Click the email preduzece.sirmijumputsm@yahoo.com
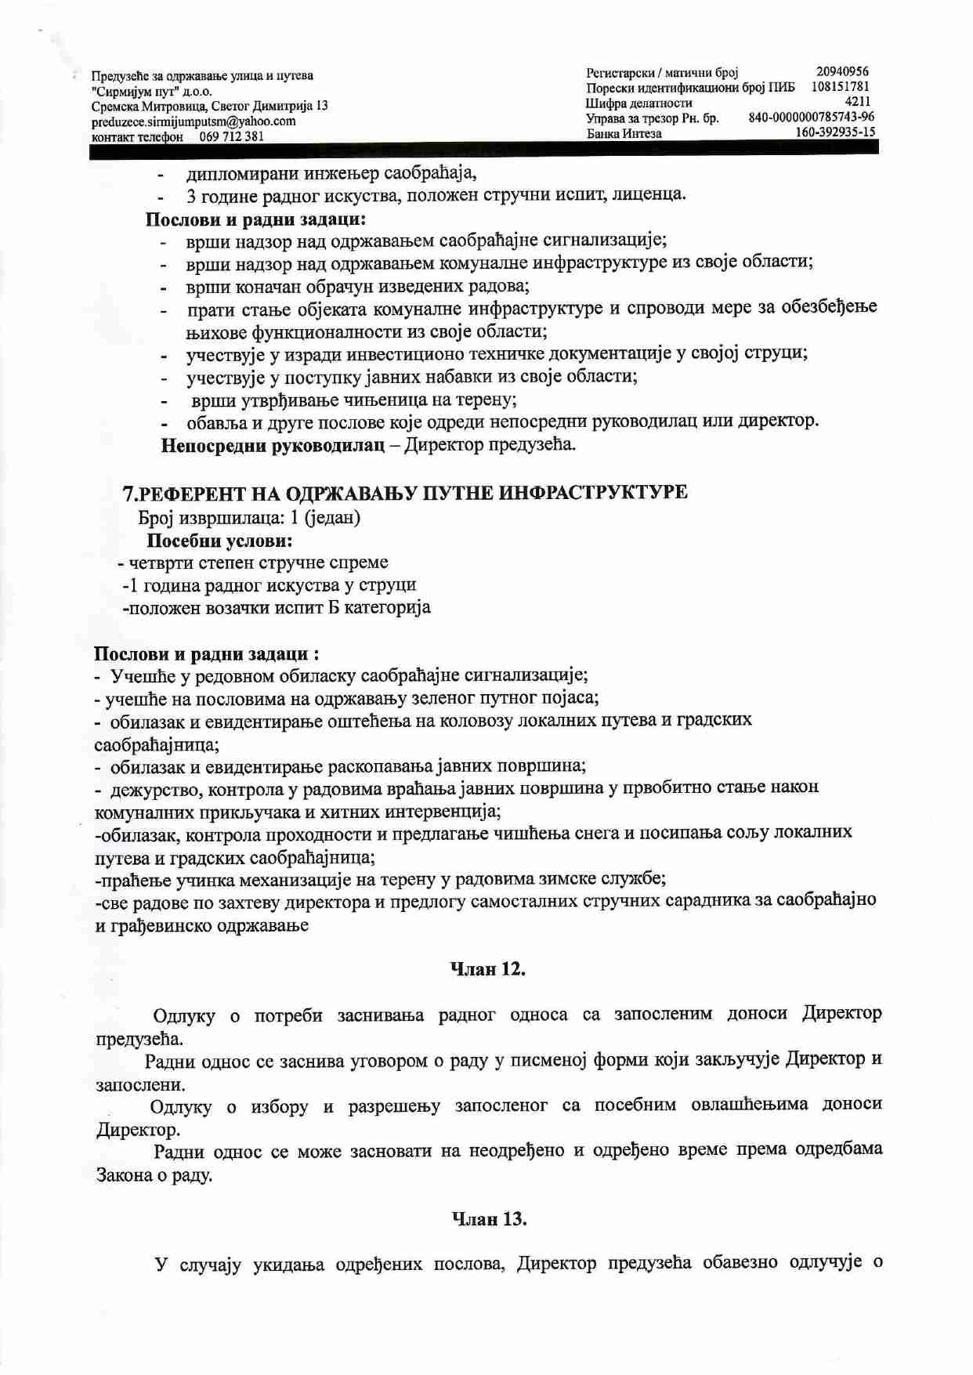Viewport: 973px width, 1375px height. tap(194, 121)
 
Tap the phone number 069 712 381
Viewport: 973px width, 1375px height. tap(232, 136)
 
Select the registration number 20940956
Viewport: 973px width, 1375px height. tap(842, 71)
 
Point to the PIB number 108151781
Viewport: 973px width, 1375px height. tap(840, 86)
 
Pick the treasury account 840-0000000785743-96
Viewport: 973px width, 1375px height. tap(812, 117)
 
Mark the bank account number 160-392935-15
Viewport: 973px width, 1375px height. tap(835, 132)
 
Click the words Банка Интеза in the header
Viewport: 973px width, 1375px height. tap(624, 134)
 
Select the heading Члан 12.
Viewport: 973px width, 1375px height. tap(487, 969)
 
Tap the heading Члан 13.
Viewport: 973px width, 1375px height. tap(489, 1219)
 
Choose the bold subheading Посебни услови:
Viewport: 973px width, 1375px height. tap(220, 541)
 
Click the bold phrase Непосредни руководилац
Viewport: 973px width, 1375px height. tap(273, 446)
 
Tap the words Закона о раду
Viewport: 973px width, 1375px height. tap(154, 1175)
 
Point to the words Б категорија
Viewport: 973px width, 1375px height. tap(380, 607)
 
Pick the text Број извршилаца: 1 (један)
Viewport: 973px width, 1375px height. tap(249, 518)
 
